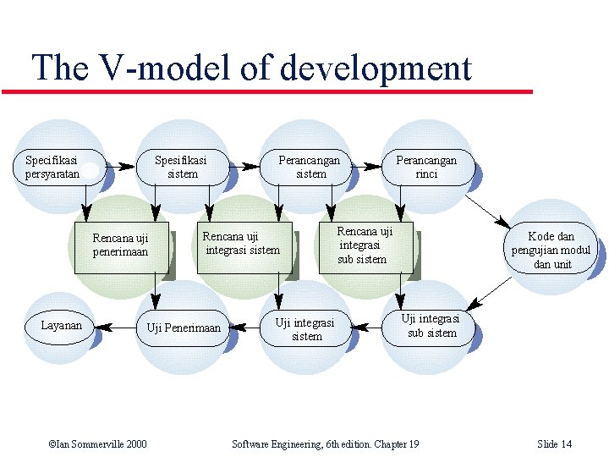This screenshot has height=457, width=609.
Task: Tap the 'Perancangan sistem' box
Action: click(x=310, y=167)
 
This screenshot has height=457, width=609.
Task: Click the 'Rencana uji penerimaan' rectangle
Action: click(x=120, y=246)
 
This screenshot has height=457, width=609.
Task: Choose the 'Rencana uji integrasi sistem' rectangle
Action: click(x=242, y=245)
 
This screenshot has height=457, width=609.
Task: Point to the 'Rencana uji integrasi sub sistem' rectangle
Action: click(x=364, y=245)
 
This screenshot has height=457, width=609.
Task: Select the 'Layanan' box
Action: click(x=62, y=326)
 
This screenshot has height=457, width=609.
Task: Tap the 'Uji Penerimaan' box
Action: click(x=184, y=328)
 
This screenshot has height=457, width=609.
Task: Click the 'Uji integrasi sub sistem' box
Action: click(x=431, y=326)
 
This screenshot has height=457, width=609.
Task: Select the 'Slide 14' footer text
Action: click(x=555, y=444)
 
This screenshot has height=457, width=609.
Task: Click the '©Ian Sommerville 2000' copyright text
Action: click(x=97, y=444)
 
